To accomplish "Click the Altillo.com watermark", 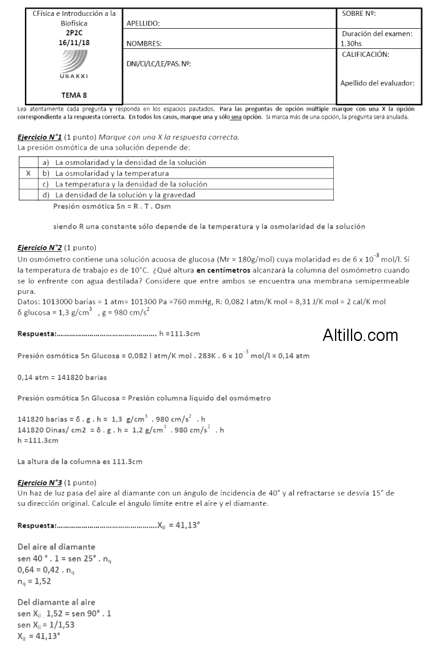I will coord(360,335).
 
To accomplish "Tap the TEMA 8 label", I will coord(73,95).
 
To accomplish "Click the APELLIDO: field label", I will coord(142,24).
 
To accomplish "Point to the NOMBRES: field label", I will coord(144,44).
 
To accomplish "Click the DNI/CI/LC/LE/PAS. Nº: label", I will coord(158,64).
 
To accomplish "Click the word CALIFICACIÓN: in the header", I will coord(366,54).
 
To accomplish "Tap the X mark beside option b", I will coord(28,173).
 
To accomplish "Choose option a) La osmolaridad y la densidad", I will coord(125,163).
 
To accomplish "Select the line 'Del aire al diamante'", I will coord(56,546).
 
